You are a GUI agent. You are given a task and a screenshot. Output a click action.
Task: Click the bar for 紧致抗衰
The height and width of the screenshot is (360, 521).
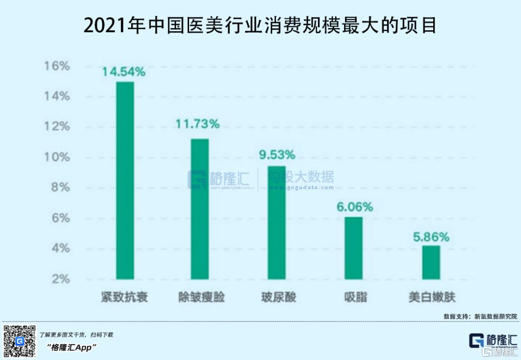coord(125,180)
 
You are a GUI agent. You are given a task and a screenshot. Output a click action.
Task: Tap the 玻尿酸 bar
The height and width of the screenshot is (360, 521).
coord(277,222)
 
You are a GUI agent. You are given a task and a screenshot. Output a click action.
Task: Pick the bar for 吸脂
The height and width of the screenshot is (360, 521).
coord(354,248)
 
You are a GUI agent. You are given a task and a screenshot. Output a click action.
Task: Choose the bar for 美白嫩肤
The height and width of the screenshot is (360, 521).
coord(431,263)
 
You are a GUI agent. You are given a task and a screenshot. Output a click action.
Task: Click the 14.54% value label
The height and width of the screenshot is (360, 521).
coord(123,72)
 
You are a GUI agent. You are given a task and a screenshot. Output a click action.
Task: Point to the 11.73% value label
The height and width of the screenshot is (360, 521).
coord(197,124)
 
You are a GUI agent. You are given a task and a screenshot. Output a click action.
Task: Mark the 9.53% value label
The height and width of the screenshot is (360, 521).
coord(276,155)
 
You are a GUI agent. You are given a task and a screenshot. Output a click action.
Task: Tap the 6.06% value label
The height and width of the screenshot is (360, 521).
coord(355,207)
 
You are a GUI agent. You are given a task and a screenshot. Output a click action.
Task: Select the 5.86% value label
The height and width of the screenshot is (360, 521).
coord(431,237)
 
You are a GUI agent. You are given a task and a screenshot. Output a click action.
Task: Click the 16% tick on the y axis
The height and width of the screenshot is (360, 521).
coord(57,66)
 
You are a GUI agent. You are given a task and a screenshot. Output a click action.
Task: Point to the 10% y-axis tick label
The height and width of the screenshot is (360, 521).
coord(57,157)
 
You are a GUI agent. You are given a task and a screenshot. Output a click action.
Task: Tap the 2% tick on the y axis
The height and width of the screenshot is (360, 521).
coord(60,279)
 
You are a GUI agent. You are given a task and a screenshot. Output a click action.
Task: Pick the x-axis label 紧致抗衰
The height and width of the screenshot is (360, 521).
coord(124,297)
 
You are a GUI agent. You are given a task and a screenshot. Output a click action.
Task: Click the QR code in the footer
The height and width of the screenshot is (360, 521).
coord(20,341)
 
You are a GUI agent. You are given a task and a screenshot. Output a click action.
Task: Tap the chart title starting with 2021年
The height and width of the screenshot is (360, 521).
coord(260,26)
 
